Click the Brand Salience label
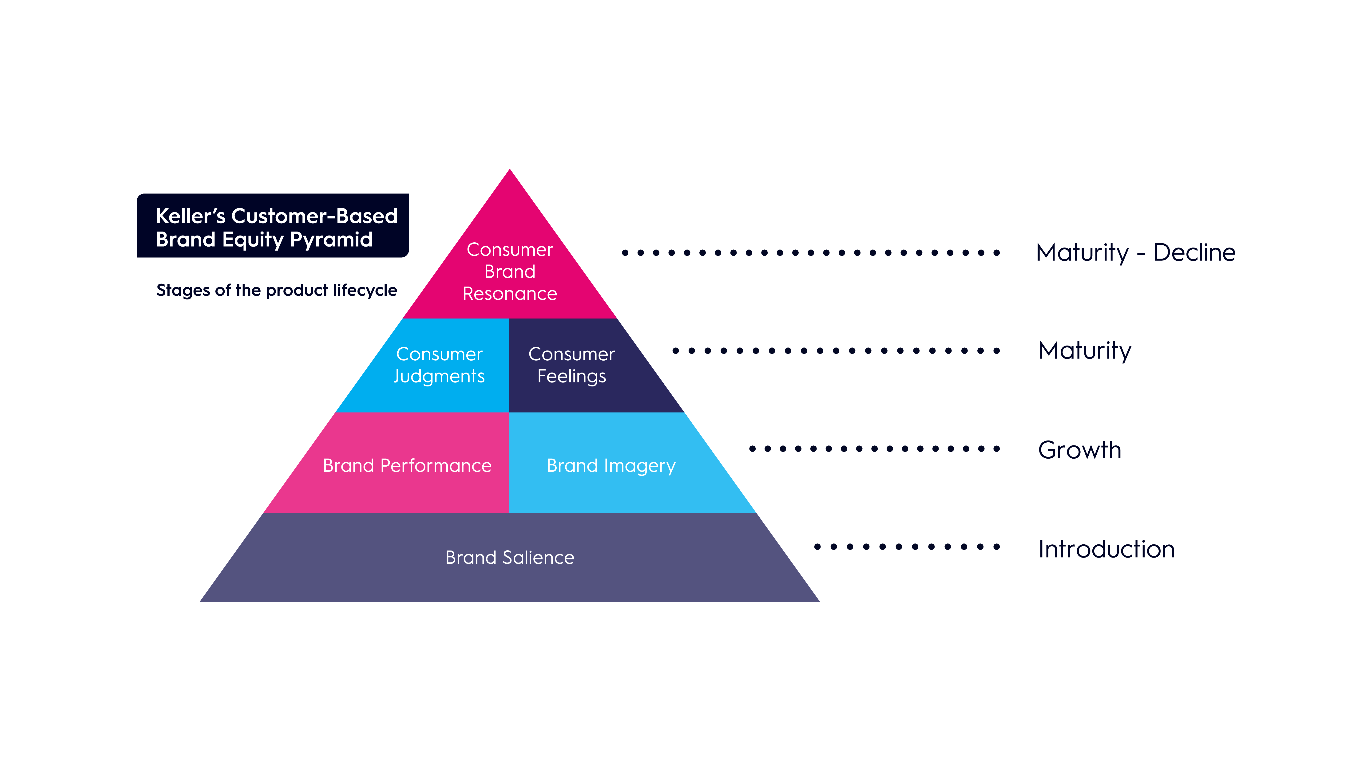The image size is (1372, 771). tap(510, 558)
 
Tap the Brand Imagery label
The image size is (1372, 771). tap(611, 466)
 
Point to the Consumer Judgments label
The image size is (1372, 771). tap(439, 365)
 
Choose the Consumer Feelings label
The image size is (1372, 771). tap(571, 365)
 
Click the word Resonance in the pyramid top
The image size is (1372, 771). tap(510, 294)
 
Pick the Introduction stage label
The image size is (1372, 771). tap(1106, 549)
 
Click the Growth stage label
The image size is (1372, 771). tap(1080, 450)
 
